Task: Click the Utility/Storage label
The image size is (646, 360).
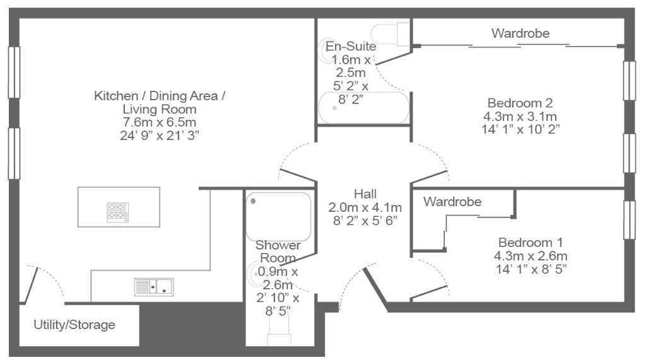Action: pos(74,325)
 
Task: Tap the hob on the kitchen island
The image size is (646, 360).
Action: pos(118,211)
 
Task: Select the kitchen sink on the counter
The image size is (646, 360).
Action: pos(154,286)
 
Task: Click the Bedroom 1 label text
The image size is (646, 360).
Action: pos(531,242)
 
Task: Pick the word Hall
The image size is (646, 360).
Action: pos(365,194)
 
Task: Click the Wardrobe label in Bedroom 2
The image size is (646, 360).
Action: pos(520,33)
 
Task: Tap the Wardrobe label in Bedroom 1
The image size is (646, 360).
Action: pos(452,202)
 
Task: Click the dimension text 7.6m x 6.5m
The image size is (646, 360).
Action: pos(160,122)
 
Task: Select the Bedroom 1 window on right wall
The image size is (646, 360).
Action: pos(629,219)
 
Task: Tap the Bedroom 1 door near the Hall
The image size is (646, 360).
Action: pos(430,291)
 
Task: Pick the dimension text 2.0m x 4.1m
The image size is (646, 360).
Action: pos(365,207)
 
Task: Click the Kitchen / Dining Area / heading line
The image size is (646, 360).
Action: pos(160,96)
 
